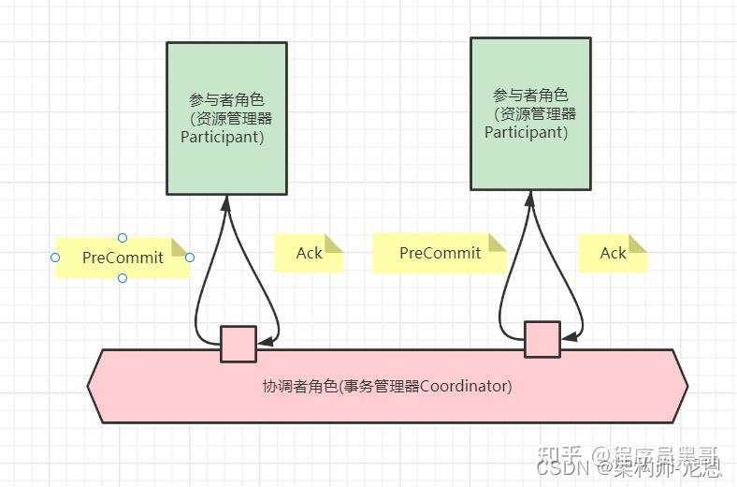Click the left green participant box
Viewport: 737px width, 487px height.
[226, 118]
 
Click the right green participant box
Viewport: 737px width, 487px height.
[530, 113]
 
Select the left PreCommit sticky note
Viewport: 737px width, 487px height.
[123, 258]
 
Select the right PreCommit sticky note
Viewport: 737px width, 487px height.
[440, 253]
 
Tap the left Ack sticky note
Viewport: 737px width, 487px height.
[309, 253]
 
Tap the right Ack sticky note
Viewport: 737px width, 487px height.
[613, 253]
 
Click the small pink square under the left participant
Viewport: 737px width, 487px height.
[238, 344]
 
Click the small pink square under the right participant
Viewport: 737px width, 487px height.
[542, 339]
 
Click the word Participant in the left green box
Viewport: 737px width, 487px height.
[222, 137]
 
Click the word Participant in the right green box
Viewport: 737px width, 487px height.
[526, 132]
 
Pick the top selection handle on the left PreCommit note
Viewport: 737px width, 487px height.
[123, 237]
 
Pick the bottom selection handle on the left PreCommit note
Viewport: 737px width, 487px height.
[123, 278]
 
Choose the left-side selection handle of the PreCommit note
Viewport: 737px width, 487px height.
[55, 258]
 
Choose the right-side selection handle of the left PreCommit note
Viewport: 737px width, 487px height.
[190, 258]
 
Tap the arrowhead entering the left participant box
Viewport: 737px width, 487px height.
[226, 201]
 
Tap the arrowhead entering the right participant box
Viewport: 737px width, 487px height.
[530, 198]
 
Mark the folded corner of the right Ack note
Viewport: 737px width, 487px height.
[638, 243]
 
